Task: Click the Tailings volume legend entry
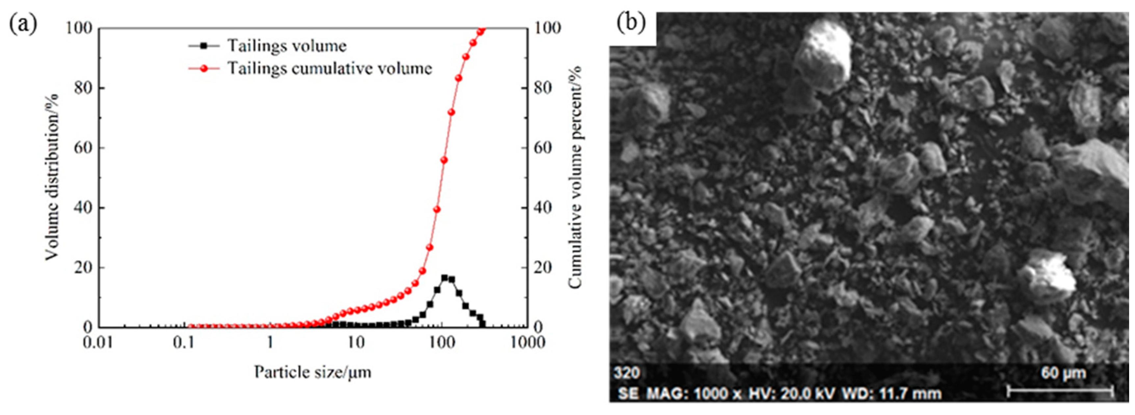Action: pos(286,46)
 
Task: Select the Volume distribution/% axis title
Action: pos(52,177)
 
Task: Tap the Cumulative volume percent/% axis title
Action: pos(575,177)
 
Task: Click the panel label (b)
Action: pos(631,23)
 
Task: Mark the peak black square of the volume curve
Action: pos(445,278)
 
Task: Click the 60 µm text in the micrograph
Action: pos(1063,373)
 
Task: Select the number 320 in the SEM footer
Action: pos(626,373)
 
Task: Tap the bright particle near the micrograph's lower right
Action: pos(1049,276)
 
